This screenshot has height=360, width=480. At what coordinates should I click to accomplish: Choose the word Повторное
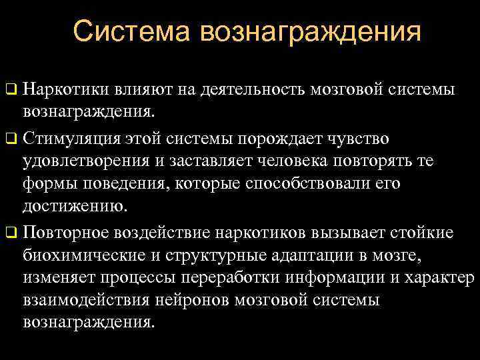pos(66,233)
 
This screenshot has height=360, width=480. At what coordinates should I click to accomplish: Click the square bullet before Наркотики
pos(10,89)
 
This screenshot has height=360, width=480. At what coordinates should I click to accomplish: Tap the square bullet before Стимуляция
pos(10,140)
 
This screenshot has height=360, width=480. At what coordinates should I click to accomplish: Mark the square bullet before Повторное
pos(10,233)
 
